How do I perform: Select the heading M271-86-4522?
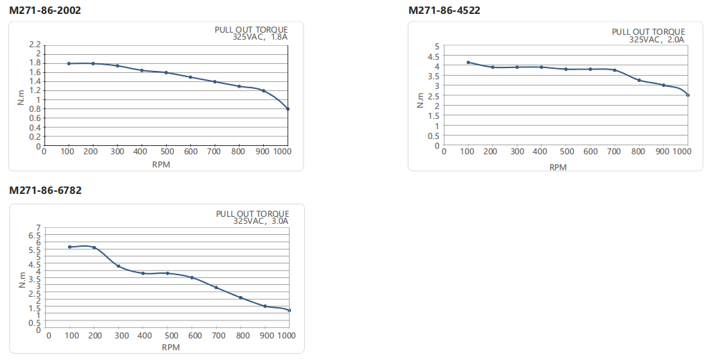tap(444, 10)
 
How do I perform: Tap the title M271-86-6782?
tap(45, 190)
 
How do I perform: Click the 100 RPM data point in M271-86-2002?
tap(69, 63)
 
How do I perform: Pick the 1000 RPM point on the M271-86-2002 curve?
tap(288, 109)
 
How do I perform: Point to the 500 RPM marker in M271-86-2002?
tap(166, 72)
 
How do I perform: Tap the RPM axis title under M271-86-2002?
tap(161, 165)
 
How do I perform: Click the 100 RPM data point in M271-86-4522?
tap(468, 63)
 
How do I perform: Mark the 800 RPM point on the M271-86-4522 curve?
tap(639, 81)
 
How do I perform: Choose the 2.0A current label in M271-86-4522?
tap(676, 40)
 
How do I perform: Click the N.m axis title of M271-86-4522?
tap(420, 101)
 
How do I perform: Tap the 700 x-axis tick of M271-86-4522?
tap(615, 151)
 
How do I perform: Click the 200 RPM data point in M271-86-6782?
tap(94, 247)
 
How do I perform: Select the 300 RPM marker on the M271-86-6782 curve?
tap(119, 266)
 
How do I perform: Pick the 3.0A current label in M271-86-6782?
tap(279, 222)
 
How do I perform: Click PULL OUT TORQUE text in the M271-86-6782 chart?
tap(252, 214)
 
